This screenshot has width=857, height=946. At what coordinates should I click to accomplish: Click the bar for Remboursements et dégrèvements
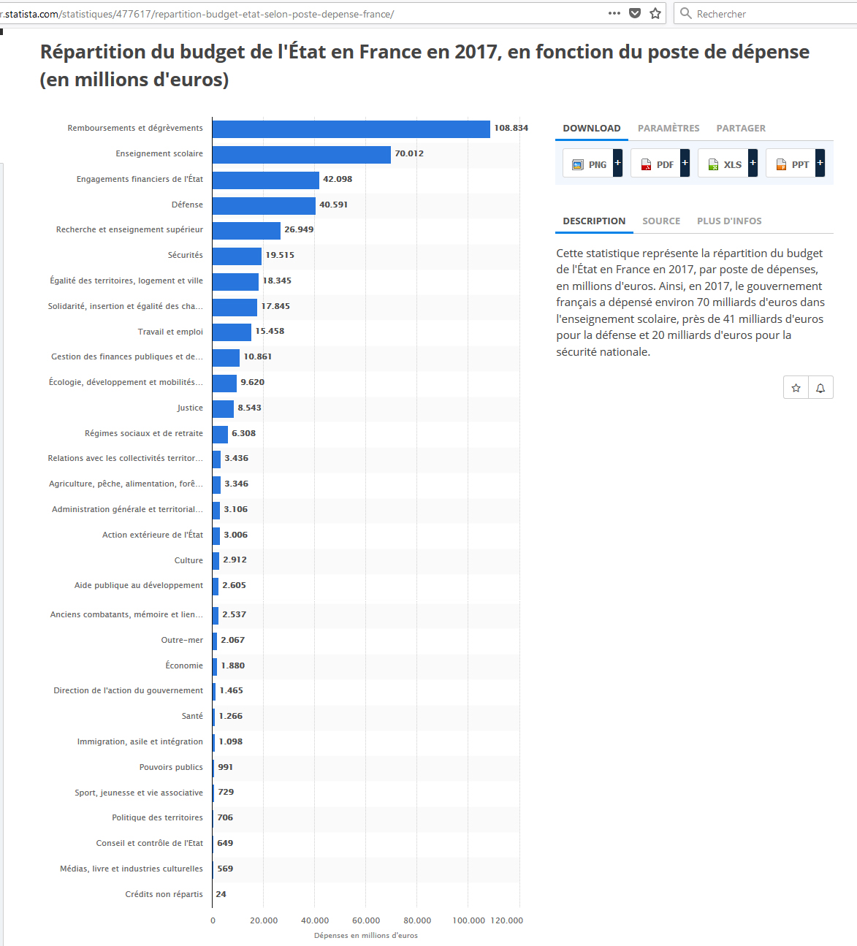(351, 129)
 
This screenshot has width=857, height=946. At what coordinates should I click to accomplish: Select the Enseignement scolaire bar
(301, 154)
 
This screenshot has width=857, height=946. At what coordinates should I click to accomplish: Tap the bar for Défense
(264, 205)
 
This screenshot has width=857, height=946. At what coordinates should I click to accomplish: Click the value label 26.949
(299, 229)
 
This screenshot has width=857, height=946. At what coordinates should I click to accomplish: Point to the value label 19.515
(280, 255)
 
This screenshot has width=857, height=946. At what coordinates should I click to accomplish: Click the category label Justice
(190, 408)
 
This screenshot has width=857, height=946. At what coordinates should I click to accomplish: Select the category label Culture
(188, 560)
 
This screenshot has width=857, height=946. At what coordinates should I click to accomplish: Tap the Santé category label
(192, 716)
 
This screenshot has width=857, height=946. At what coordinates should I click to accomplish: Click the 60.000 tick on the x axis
(366, 920)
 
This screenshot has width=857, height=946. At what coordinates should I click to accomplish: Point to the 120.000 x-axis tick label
(506, 920)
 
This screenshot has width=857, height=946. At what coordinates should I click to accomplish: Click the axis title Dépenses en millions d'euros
(366, 935)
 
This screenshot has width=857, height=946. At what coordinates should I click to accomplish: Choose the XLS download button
(727, 164)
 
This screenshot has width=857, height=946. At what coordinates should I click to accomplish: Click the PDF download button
(659, 164)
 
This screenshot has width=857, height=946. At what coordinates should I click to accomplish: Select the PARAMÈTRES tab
(669, 129)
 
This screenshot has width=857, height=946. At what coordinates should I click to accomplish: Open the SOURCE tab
(661, 221)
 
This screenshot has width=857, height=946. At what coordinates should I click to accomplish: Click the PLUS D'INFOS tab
(729, 221)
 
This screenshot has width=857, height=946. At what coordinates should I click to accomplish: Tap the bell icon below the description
(820, 388)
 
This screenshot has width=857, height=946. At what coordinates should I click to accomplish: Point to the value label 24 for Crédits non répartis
(221, 894)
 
